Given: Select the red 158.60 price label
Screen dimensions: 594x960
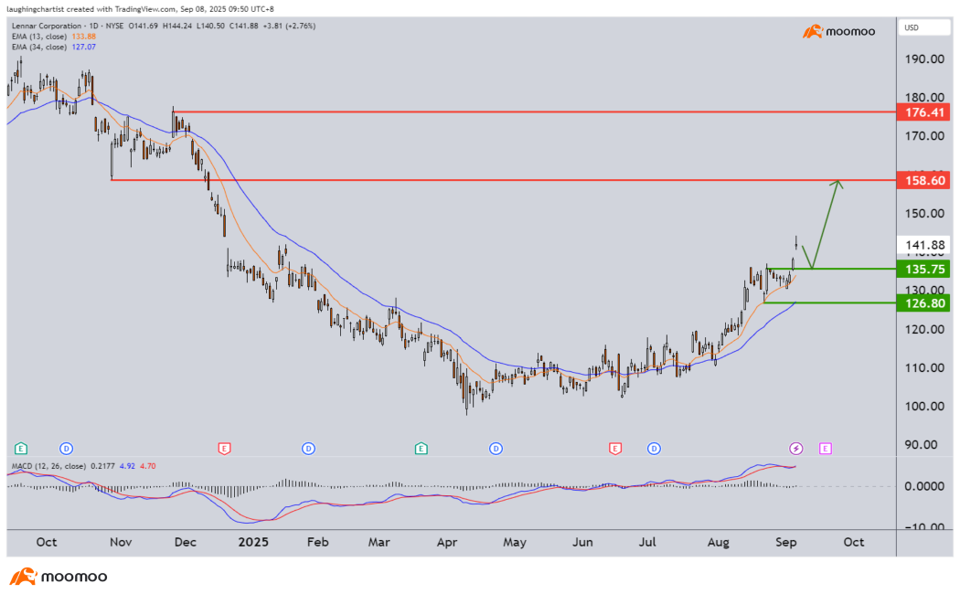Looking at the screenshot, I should pos(924,181).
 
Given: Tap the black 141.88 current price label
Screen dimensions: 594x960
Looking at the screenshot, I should pos(924,245).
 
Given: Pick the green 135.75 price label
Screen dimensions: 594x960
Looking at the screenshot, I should pos(924,270).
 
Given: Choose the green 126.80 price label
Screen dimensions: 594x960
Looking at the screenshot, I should pos(924,302).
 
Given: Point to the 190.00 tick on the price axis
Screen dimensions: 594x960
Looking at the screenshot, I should pos(924,59).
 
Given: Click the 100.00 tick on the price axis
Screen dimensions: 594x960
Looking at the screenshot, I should pos(924,407).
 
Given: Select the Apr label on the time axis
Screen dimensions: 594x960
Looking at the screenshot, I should pos(447,542).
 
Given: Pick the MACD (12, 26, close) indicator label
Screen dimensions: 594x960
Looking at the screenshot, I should pos(48,466).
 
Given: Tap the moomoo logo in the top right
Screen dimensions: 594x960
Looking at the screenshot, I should pos(839,32).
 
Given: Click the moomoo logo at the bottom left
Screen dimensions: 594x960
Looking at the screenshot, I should pos(59,577).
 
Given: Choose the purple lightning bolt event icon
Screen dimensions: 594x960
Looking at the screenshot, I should pos(796,448).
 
